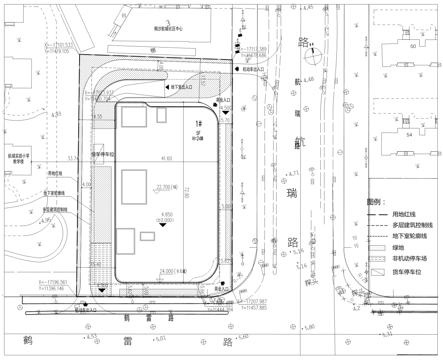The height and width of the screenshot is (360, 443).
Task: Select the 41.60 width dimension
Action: coord(167,158)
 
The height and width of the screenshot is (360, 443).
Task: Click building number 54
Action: coord(409,135)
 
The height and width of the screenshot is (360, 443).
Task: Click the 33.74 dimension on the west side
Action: coord(73,158)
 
